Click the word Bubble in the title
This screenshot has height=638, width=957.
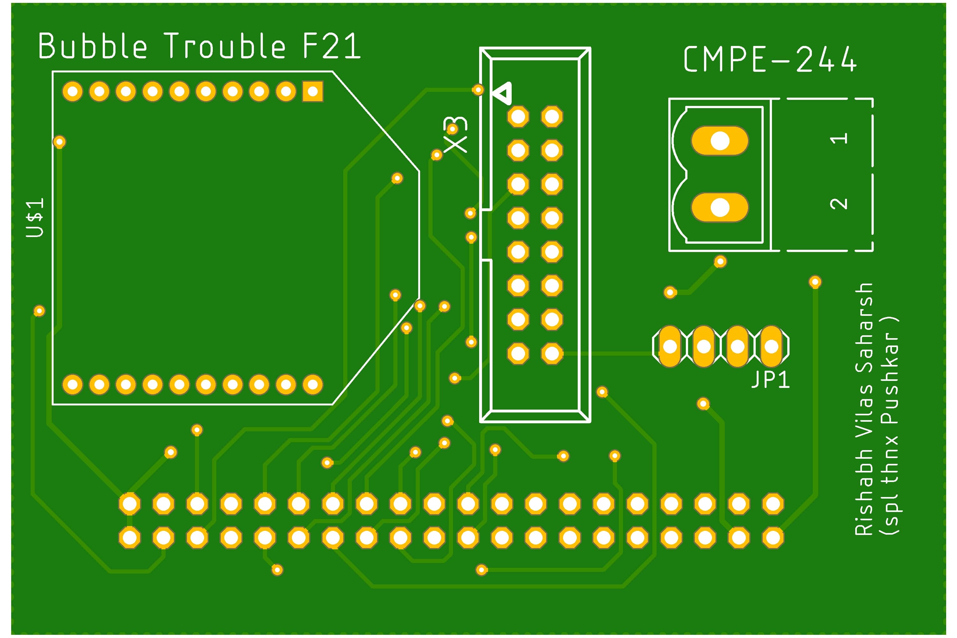(93, 46)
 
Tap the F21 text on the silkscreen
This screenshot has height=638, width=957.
(332, 46)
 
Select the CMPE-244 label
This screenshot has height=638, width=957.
(770, 59)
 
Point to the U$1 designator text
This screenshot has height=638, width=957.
(35, 218)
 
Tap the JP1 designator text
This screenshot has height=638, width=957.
(770, 380)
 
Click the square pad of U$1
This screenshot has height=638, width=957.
(313, 92)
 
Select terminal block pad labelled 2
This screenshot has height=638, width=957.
(720, 208)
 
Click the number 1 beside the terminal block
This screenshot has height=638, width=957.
(839, 139)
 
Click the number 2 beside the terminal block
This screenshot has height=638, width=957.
(839, 204)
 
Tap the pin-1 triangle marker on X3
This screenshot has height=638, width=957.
(503, 93)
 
